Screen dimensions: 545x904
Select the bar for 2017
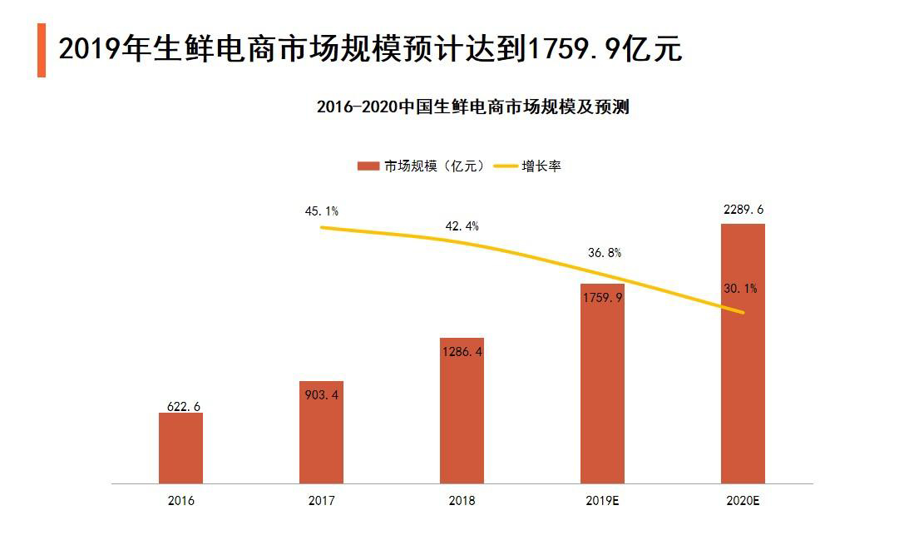click(x=321, y=433)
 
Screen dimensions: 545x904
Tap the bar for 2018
click(x=462, y=411)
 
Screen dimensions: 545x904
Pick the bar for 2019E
click(x=602, y=384)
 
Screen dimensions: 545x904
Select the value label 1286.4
click(x=462, y=352)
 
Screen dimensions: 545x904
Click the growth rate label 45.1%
click(x=321, y=211)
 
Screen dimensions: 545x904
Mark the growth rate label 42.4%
click(x=462, y=226)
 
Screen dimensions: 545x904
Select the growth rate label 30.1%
click(x=739, y=289)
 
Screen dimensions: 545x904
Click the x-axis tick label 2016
click(x=180, y=501)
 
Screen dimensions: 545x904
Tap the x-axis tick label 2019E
click(x=602, y=501)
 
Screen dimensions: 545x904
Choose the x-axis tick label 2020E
click(x=743, y=501)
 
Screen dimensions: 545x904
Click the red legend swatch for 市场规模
click(x=368, y=166)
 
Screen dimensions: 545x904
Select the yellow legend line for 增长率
click(x=506, y=166)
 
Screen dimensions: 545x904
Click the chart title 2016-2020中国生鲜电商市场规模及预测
click(x=472, y=107)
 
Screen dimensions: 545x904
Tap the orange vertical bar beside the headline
click(x=42, y=50)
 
